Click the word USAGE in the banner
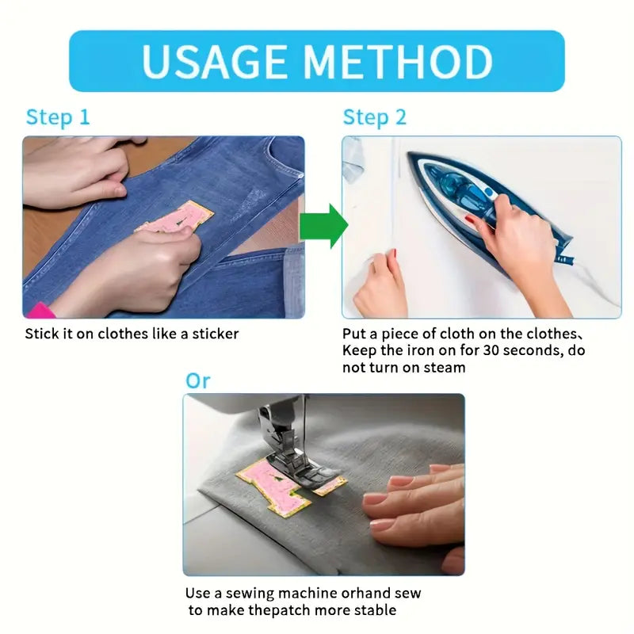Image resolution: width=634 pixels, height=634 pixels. [x=214, y=62]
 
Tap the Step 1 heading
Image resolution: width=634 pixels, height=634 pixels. [x=57, y=117]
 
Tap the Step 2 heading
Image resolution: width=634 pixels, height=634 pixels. [x=374, y=117]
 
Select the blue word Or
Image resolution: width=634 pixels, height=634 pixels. [x=197, y=381]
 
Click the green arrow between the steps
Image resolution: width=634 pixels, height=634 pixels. [x=323, y=226]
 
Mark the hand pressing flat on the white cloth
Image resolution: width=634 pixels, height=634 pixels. [x=380, y=285]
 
